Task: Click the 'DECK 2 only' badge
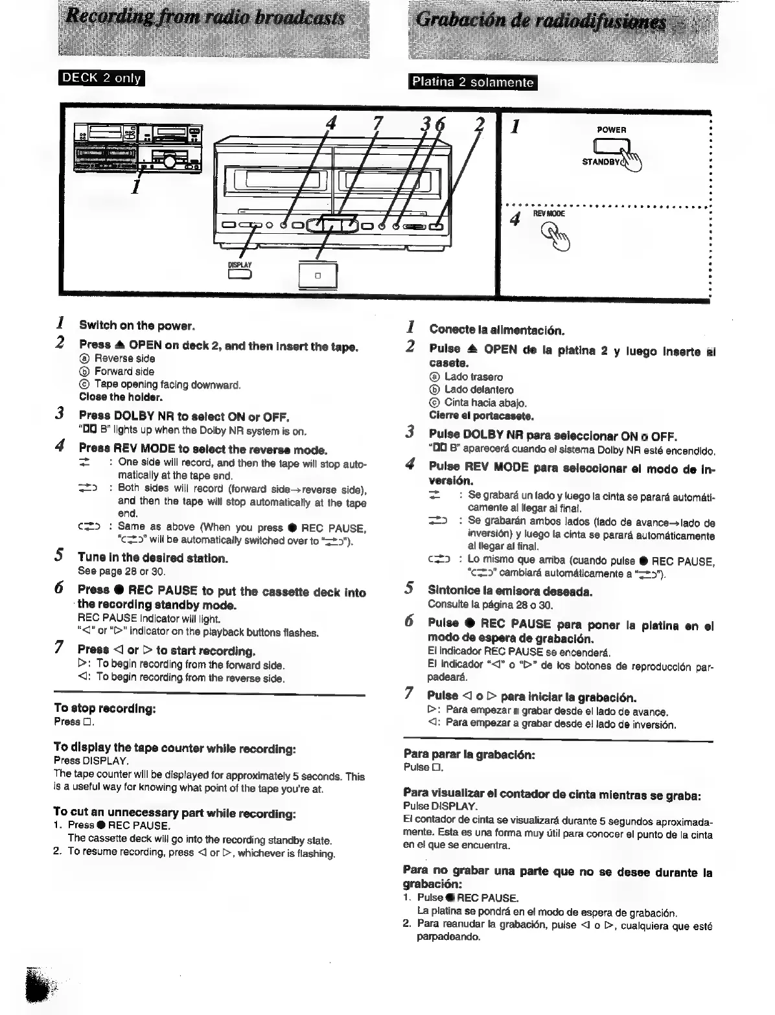(x=101, y=78)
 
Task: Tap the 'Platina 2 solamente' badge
(x=473, y=83)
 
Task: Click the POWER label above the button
(x=612, y=130)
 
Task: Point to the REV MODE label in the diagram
(x=549, y=213)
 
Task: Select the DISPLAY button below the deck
(x=240, y=275)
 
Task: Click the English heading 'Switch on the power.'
(x=137, y=325)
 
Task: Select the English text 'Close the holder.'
(x=121, y=397)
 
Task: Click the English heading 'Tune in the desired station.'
(x=152, y=558)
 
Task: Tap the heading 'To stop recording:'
(x=104, y=709)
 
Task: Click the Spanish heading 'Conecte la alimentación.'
(x=496, y=329)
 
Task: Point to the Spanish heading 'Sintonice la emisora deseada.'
(x=510, y=591)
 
